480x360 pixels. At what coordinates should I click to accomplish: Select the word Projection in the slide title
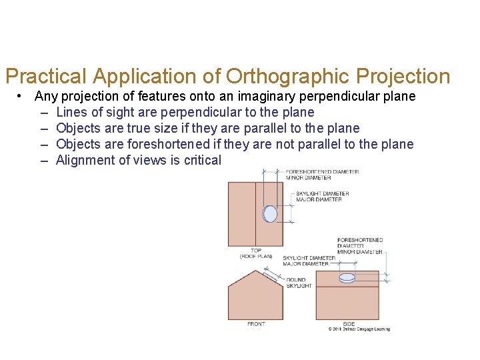[x=404, y=77]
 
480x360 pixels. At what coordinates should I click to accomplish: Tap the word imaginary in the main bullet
[x=257, y=97]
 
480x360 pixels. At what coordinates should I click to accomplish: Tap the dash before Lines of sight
[x=44, y=113]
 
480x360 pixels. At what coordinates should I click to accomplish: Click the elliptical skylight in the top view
[x=270, y=213]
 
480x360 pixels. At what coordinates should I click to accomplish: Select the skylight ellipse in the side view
[x=347, y=278]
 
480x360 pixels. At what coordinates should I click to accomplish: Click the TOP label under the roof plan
[x=256, y=251]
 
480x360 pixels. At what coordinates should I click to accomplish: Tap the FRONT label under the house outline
[x=256, y=324]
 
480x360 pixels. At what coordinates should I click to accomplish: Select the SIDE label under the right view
[x=349, y=324]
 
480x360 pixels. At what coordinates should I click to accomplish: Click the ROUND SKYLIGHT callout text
[x=299, y=283]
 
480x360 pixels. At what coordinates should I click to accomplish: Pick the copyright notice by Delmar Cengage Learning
[x=359, y=329]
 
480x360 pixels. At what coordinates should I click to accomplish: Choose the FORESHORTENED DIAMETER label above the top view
[x=323, y=172]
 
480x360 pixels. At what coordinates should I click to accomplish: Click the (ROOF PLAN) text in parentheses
[x=256, y=256]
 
